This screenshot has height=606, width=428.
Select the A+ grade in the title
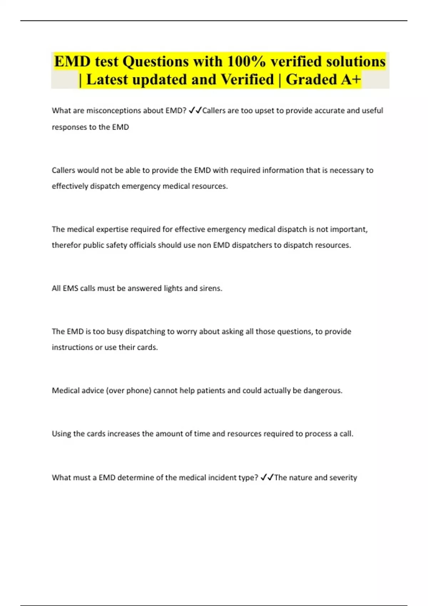(351, 79)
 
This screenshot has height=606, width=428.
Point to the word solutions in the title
(356, 61)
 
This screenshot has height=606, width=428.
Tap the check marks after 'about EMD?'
(195, 111)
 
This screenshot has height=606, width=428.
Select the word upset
(264, 111)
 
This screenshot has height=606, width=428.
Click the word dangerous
(322, 391)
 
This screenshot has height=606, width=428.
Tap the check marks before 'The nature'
(267, 477)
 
